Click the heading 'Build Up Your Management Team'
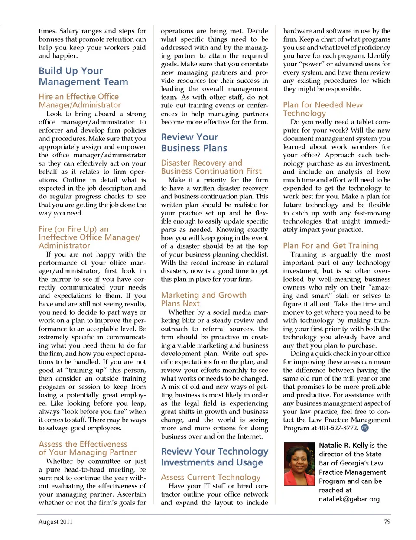pyautogui.click(x=83, y=76)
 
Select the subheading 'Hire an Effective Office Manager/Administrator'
pyautogui.click(x=79, y=101)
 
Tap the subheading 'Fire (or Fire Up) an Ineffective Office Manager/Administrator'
pyautogui.click(x=89, y=237)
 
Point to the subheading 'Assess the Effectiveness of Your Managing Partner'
pyautogui.click(x=87, y=448)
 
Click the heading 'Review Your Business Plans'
pyautogui.click(x=194, y=143)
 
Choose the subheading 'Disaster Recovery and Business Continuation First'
pyautogui.click(x=211, y=167)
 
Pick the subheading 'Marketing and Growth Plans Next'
pyautogui.click(x=203, y=299)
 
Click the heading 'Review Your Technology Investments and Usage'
pyautogui.click(x=214, y=457)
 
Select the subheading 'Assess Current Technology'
pyautogui.click(x=211, y=477)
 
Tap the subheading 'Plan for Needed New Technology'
pyautogui.click(x=322, y=109)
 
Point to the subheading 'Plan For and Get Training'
pyautogui.click(x=330, y=246)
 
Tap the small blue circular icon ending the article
pyautogui.click(x=364, y=428)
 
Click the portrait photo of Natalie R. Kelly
pyautogui.click(x=299, y=464)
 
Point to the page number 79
pyautogui.click(x=387, y=522)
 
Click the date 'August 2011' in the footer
pyautogui.click(x=55, y=522)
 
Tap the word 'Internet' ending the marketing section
pyautogui.click(x=250, y=436)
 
